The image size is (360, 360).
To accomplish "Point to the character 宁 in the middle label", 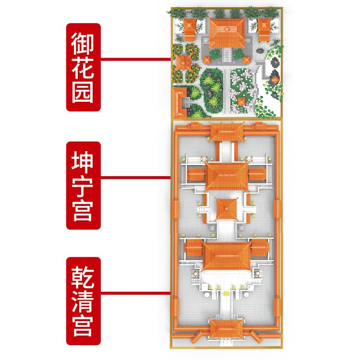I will pyautogui.click(x=84, y=185).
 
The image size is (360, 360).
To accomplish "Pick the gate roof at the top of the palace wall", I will pyautogui.click(x=226, y=130).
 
